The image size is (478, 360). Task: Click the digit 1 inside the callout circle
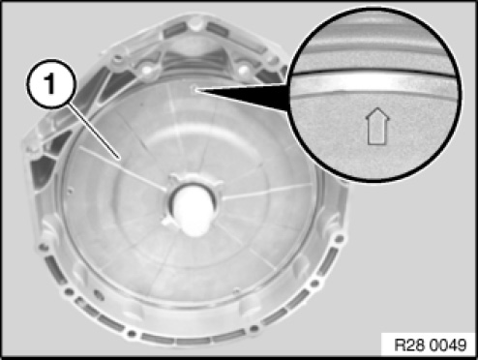point(50,83)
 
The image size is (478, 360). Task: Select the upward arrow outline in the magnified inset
point(377,126)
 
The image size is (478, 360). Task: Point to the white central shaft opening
point(193,208)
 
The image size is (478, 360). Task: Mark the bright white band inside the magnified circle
point(375,81)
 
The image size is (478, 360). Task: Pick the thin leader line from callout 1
point(95,132)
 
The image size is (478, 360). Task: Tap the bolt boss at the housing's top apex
point(195,23)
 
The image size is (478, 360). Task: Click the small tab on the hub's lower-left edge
point(167,222)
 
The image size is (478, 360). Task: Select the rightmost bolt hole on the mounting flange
point(339,239)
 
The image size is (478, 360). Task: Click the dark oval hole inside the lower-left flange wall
point(99,294)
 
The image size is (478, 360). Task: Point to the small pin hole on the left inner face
point(70,192)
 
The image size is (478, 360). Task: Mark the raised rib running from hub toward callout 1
point(123,167)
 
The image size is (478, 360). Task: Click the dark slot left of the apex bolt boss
point(175,30)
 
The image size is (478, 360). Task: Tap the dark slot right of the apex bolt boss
point(218,29)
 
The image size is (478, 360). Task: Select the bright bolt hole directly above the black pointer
point(244,69)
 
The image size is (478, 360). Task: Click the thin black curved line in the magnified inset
point(375,72)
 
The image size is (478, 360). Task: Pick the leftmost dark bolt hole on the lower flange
point(43,248)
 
